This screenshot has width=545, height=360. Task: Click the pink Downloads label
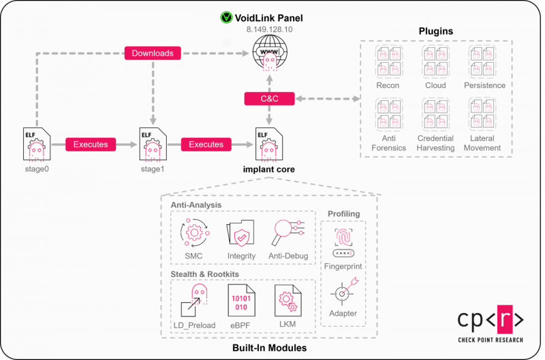click(x=153, y=52)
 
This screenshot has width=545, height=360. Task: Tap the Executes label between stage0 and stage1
click(x=90, y=144)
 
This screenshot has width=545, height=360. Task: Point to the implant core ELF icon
click(x=270, y=142)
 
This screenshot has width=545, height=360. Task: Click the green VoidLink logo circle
click(x=225, y=16)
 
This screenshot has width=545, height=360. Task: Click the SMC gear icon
click(x=193, y=234)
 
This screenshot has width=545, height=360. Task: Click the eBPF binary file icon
click(x=240, y=301)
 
